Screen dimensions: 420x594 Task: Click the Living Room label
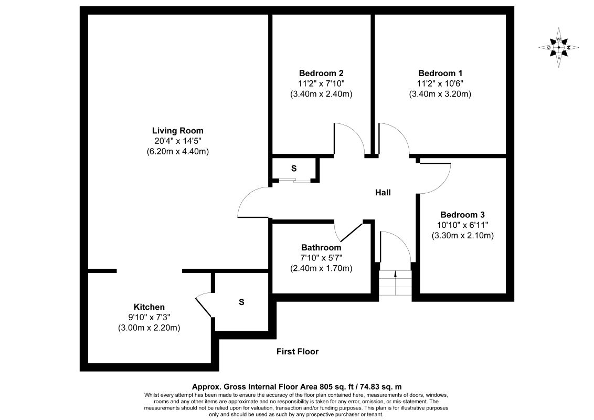pyautogui.click(x=177, y=131)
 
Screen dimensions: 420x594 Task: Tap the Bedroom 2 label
pyautogui.click(x=321, y=73)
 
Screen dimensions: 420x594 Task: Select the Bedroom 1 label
pyautogui.click(x=440, y=73)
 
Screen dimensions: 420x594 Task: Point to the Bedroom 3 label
pyautogui.click(x=462, y=215)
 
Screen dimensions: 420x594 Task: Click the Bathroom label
pyautogui.click(x=321, y=247)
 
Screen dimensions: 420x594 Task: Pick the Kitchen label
pyautogui.click(x=149, y=307)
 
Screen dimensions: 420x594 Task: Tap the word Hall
pyautogui.click(x=383, y=193)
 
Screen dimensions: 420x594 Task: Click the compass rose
pyautogui.click(x=559, y=47)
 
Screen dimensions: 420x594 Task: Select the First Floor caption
pyautogui.click(x=298, y=352)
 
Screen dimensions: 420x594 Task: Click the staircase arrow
pyautogui.click(x=395, y=273)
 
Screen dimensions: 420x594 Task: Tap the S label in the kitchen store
pyautogui.click(x=241, y=302)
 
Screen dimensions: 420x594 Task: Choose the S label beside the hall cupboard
pyautogui.click(x=294, y=169)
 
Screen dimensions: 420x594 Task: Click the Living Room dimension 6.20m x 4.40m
pyautogui.click(x=177, y=152)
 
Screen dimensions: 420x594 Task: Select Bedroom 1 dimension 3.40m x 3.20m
pyautogui.click(x=440, y=94)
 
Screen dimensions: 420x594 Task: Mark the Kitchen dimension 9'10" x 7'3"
pyautogui.click(x=149, y=318)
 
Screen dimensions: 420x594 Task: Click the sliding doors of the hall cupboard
pyautogui.click(x=294, y=181)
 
